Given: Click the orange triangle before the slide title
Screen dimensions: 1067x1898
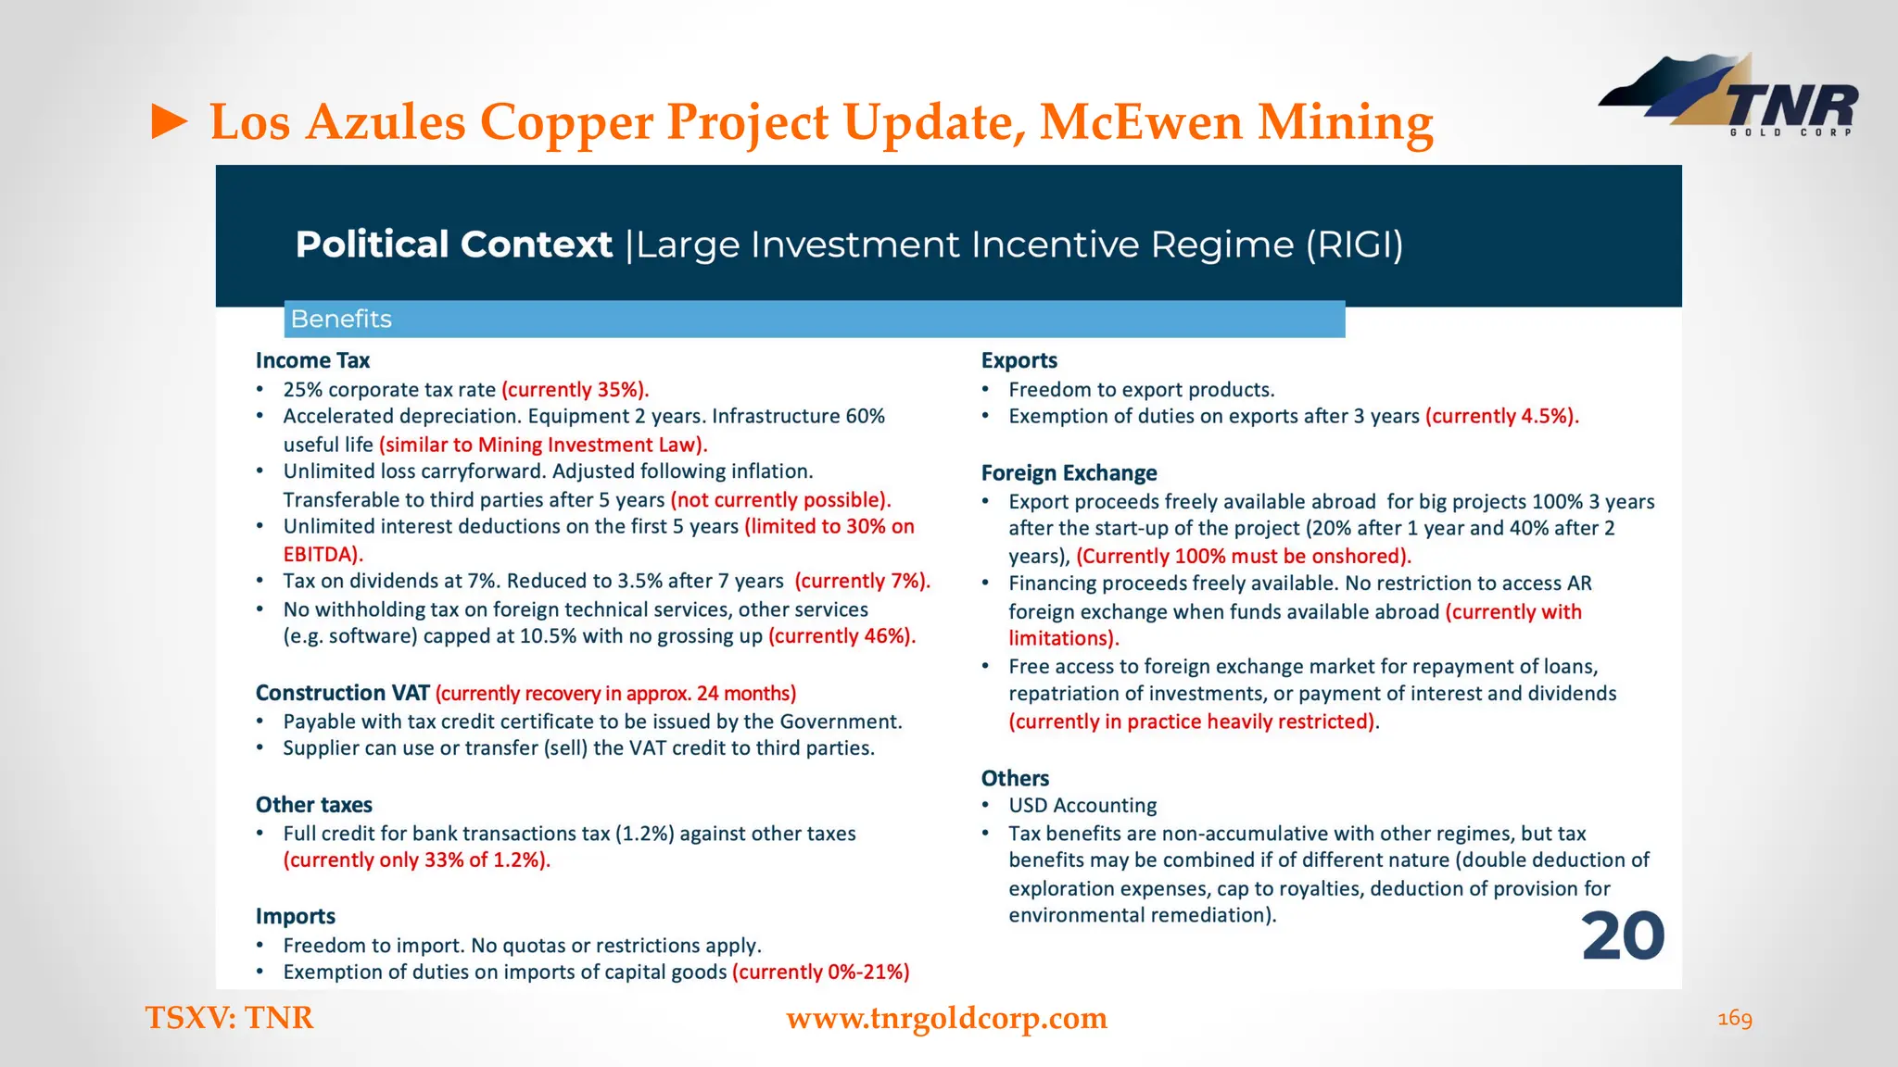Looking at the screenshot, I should pos(170,121).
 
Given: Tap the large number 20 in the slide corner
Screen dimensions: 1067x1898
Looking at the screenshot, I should pos(1623,936).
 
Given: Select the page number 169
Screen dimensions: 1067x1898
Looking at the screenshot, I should pos(1735,1019).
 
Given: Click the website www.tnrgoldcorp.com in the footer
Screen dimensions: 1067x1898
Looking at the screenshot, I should pos(946,1018).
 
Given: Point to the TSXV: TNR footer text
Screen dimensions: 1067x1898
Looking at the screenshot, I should pos(229,1018).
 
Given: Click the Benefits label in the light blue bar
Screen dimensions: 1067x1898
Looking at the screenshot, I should pos(341,319).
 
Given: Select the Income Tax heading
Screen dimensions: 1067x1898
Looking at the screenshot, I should pos(312,360).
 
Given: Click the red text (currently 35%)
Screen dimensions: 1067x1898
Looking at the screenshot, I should pos(575,389).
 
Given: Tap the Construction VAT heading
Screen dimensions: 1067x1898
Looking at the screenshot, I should pos(342,693).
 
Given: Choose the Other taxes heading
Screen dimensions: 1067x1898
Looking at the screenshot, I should pos(313,805).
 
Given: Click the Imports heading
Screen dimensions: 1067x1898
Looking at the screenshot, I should pos(295,916).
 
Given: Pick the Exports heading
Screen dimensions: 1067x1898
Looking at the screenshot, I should pos(1019,360).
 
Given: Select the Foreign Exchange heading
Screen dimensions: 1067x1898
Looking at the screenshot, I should pos(1069,473).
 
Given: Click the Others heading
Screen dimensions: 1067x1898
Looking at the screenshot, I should pos(1015,778).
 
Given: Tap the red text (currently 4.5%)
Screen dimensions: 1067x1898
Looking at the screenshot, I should pos(1501,416).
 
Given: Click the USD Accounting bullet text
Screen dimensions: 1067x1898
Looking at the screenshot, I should pos(1082,805).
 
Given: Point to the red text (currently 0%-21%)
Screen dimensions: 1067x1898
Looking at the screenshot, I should pos(820,972).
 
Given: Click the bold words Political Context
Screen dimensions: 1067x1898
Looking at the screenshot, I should pos(453,245).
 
